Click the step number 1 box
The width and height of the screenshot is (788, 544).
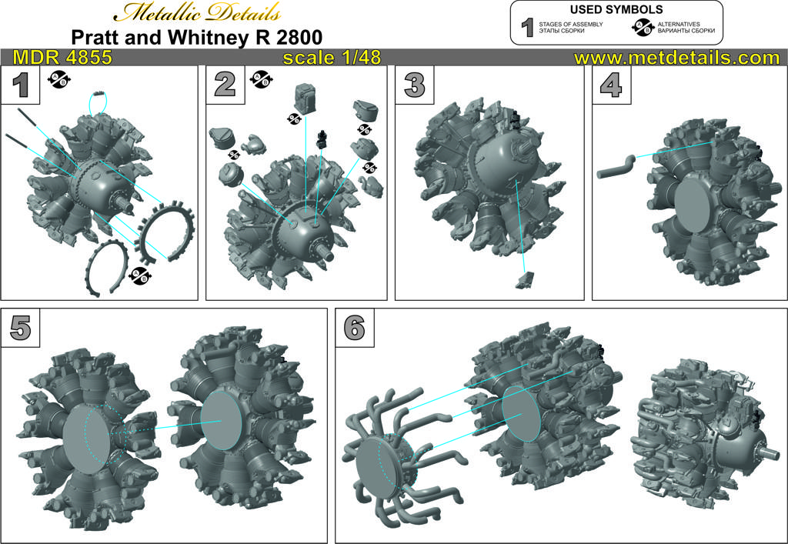pyautogui.click(x=20, y=85)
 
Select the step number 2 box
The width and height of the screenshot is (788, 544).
pyautogui.click(x=225, y=85)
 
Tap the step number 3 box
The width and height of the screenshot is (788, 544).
pyautogui.click(x=415, y=85)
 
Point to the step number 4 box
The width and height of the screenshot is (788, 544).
pyautogui.click(x=612, y=85)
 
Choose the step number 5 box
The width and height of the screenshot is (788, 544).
pyautogui.click(x=20, y=328)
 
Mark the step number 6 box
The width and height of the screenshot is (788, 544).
pyautogui.click(x=355, y=328)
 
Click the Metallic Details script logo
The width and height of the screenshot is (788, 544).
pyautogui.click(x=196, y=12)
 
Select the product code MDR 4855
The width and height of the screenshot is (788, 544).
pyautogui.click(x=62, y=57)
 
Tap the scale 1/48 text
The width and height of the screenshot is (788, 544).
pyautogui.click(x=332, y=57)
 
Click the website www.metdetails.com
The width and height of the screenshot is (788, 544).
pyautogui.click(x=676, y=57)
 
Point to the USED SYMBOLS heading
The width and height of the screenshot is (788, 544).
pyautogui.click(x=616, y=9)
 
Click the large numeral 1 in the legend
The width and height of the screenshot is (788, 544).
pyautogui.click(x=526, y=28)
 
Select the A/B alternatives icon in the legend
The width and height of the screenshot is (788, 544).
pyautogui.click(x=643, y=28)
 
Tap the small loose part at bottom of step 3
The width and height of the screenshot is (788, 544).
pyautogui.click(x=525, y=279)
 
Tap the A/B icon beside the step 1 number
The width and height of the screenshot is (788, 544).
pyautogui.click(x=59, y=78)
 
